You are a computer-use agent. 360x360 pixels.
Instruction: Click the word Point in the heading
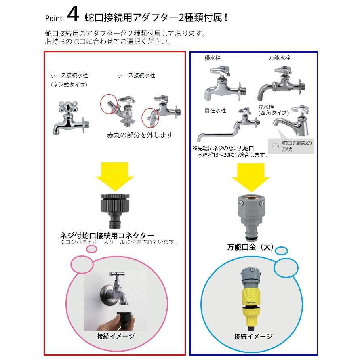53,19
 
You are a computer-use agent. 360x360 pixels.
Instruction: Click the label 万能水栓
280,58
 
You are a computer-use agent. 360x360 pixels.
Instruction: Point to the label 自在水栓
215,110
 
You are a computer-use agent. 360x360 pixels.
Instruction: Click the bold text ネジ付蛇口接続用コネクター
107,235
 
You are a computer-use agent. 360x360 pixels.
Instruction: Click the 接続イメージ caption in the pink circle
116,336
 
